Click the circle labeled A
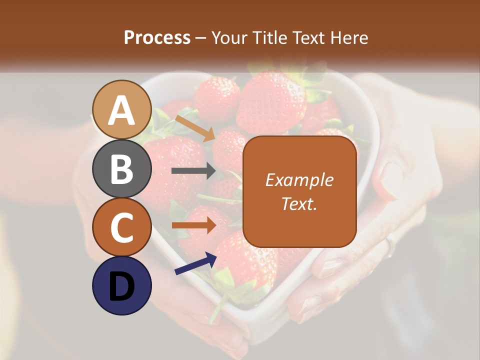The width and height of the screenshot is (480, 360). pyautogui.click(x=121, y=109)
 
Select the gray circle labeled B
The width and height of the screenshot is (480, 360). pyautogui.click(x=121, y=168)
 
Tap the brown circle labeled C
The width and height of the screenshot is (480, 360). pyautogui.click(x=121, y=227)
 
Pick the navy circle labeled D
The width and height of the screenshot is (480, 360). pyautogui.click(x=121, y=285)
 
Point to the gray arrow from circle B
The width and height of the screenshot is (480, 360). pyautogui.click(x=193, y=171)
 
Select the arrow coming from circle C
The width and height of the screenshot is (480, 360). pyautogui.click(x=193, y=225)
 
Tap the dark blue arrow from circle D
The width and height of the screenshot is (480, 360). pyautogui.click(x=195, y=263)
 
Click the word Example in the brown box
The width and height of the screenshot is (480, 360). pyautogui.click(x=299, y=180)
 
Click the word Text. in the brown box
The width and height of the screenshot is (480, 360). pyautogui.click(x=299, y=203)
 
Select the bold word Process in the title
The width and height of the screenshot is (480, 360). pyautogui.click(x=157, y=37)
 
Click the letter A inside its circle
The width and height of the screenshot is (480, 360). pyautogui.click(x=121, y=110)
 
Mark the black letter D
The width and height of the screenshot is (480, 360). pyautogui.click(x=121, y=286)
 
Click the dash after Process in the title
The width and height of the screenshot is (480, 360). pyautogui.click(x=201, y=38)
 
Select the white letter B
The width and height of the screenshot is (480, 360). pyautogui.click(x=121, y=169)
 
